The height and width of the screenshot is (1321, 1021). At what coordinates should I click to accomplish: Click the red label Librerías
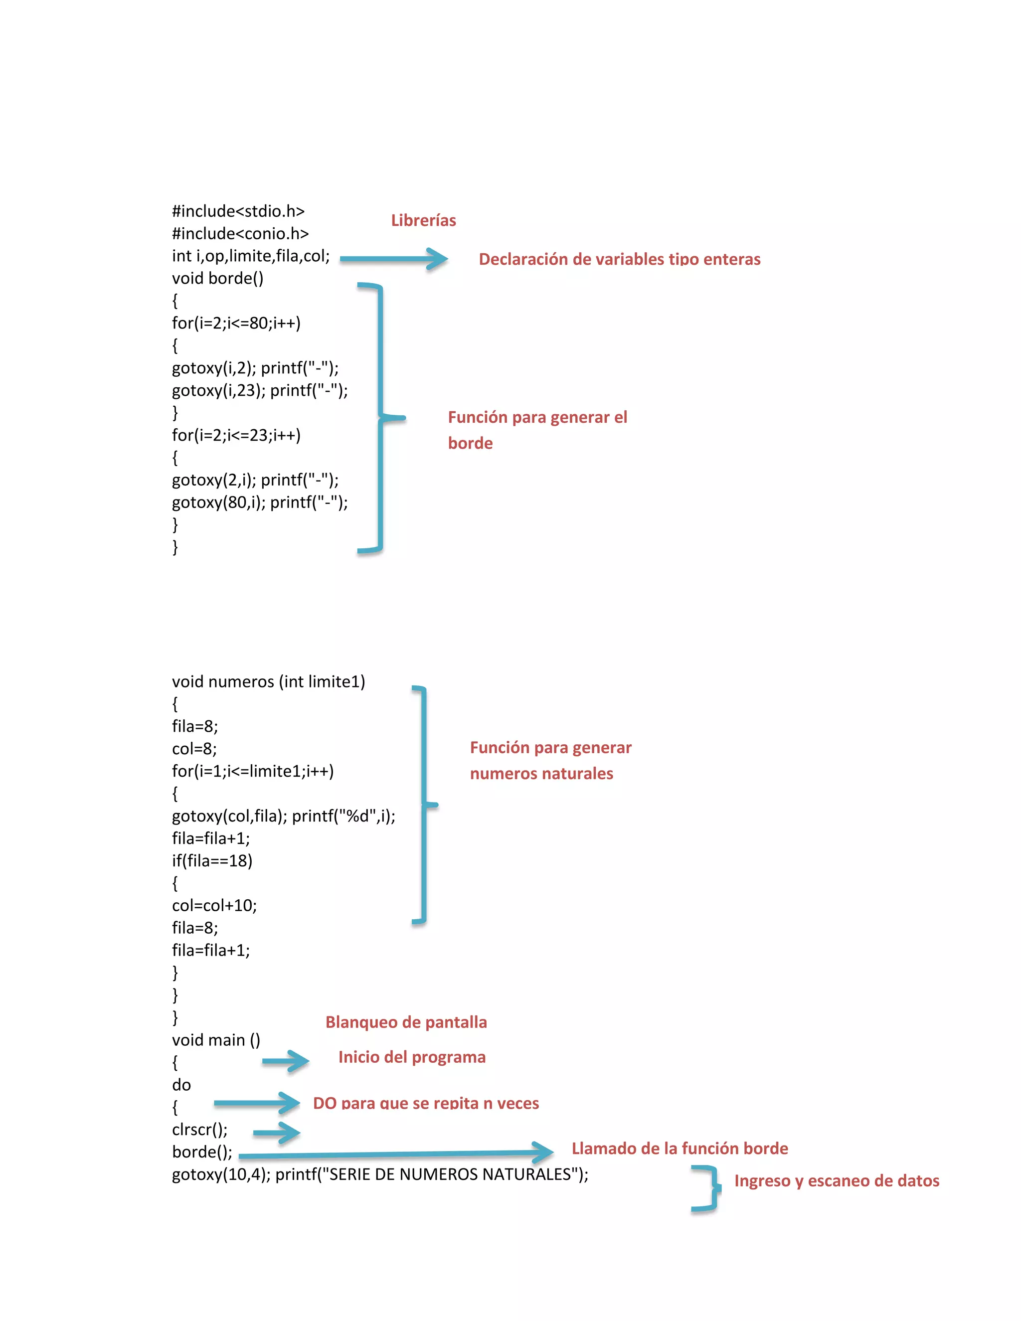pos(423,220)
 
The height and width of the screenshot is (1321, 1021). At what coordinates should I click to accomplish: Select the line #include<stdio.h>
pos(238,211)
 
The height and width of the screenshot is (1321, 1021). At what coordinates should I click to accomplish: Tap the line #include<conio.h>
pos(240,233)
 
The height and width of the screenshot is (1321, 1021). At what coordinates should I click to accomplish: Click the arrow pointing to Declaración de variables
pos(394,259)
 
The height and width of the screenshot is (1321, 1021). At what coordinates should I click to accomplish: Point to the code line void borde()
pos(217,278)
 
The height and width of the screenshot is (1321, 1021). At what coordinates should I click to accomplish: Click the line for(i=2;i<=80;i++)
pos(236,323)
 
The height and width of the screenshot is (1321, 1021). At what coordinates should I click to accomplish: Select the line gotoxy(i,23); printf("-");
pos(259,390)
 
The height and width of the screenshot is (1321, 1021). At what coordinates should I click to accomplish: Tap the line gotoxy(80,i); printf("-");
pos(259,502)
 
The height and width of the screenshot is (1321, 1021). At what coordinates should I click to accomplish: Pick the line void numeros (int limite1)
pos(268,681)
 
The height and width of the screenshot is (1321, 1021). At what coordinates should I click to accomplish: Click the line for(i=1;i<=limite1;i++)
pos(252,771)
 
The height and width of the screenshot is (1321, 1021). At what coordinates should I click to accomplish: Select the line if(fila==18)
pos(212,861)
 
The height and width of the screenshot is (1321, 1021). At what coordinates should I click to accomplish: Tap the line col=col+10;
pos(214,905)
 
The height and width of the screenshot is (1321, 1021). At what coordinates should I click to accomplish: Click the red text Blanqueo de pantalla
pos(406,1022)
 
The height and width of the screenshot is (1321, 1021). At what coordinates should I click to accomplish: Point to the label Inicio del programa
pos(412,1057)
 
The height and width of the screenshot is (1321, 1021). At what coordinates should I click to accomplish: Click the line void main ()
pos(216,1040)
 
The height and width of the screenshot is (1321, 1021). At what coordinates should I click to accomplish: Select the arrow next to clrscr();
pos(276,1132)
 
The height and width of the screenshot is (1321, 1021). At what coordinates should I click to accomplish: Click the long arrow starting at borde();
pos(396,1154)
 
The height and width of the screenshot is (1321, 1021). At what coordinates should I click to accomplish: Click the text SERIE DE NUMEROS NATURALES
pos(449,1174)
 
